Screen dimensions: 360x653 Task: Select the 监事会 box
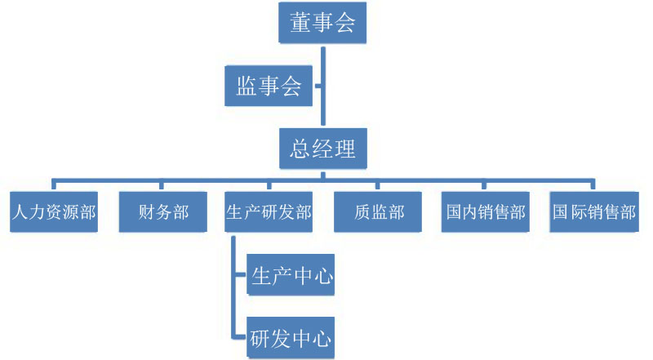click(x=269, y=86)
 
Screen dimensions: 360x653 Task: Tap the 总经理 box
click(x=323, y=149)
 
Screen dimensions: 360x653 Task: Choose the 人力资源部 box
click(x=55, y=213)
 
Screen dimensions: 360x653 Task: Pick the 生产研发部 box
click(x=269, y=213)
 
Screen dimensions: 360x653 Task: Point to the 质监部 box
click(x=378, y=213)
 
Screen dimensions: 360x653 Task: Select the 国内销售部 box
click(x=486, y=213)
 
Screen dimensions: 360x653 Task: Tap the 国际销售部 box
click(x=593, y=213)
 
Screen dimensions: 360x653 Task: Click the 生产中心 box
click(x=291, y=275)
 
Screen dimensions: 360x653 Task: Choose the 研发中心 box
click(x=291, y=336)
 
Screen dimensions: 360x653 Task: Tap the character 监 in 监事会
click(x=247, y=86)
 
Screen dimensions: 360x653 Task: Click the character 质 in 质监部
click(x=357, y=213)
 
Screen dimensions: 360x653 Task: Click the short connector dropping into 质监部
click(x=378, y=184)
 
